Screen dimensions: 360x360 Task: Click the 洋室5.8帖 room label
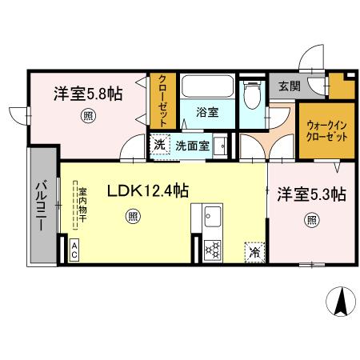[x=88, y=94]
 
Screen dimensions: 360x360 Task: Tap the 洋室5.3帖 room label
[x=312, y=194]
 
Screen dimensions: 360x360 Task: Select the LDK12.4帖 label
[x=148, y=190]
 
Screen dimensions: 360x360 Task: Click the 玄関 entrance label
[x=290, y=86]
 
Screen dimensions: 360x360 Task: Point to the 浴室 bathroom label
[x=207, y=112]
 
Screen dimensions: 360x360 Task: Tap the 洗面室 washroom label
[x=192, y=146]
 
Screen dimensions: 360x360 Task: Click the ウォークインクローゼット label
[x=326, y=131]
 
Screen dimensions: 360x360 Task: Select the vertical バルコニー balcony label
[x=42, y=206]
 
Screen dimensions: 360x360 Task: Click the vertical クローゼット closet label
[x=162, y=101]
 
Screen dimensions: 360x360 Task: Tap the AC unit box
[x=74, y=250]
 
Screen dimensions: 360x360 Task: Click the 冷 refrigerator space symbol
[x=254, y=252]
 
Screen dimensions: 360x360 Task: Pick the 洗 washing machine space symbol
[x=160, y=145]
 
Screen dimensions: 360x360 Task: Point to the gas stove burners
[x=213, y=250]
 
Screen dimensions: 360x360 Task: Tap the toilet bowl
[x=252, y=95]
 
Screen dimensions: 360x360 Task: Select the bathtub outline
[x=208, y=86]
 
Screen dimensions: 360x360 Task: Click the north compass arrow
[x=341, y=301]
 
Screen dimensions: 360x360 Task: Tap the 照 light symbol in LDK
[x=133, y=216]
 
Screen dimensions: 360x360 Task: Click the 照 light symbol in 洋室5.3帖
[x=311, y=221]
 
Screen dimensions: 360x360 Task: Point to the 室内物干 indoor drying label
[x=82, y=205]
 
